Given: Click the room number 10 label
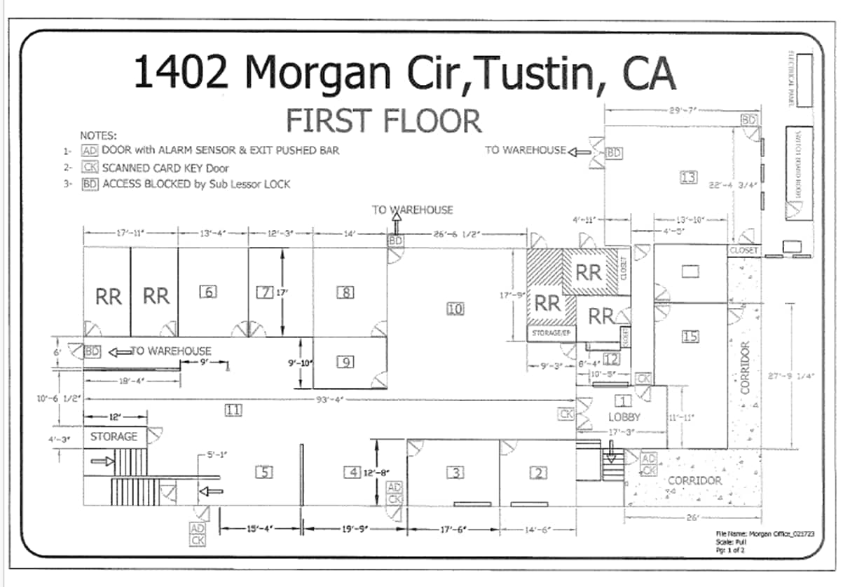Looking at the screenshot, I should tap(455, 307).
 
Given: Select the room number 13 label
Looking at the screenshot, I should tap(688, 177).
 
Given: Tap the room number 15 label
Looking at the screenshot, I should tap(690, 337).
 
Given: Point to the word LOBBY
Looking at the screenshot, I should tap(625, 417).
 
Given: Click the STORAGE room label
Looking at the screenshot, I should tap(114, 436).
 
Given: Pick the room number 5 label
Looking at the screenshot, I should tap(263, 472).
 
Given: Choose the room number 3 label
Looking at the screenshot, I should tap(455, 473).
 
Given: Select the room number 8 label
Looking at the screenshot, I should tap(345, 292).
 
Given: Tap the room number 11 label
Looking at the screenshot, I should tap(233, 410).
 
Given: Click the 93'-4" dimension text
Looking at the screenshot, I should tap(328, 399).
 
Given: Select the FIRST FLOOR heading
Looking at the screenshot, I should tap(383, 121).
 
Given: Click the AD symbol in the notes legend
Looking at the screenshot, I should tap(89, 150).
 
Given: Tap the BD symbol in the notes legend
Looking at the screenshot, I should tap(89, 184).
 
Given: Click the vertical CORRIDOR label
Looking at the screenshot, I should tap(745, 367).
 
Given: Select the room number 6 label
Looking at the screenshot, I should tap(207, 292).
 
